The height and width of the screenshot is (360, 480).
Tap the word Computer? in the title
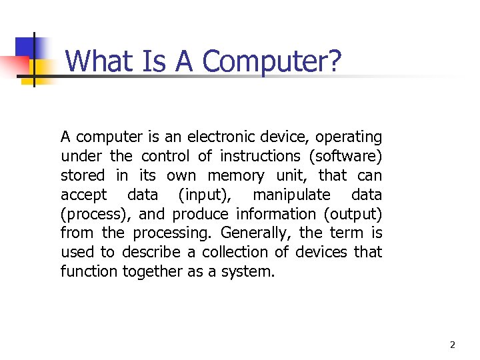[x=272, y=61]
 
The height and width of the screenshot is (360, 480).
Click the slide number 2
[x=453, y=345]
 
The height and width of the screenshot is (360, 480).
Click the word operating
[x=349, y=137]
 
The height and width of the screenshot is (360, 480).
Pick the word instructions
[x=261, y=157]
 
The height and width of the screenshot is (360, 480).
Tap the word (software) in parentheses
[x=345, y=157]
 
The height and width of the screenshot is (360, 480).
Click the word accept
[x=83, y=195]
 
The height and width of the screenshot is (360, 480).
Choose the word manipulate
[x=291, y=195]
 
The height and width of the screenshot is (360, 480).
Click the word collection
[x=238, y=253]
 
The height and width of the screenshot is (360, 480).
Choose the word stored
[x=82, y=176]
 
